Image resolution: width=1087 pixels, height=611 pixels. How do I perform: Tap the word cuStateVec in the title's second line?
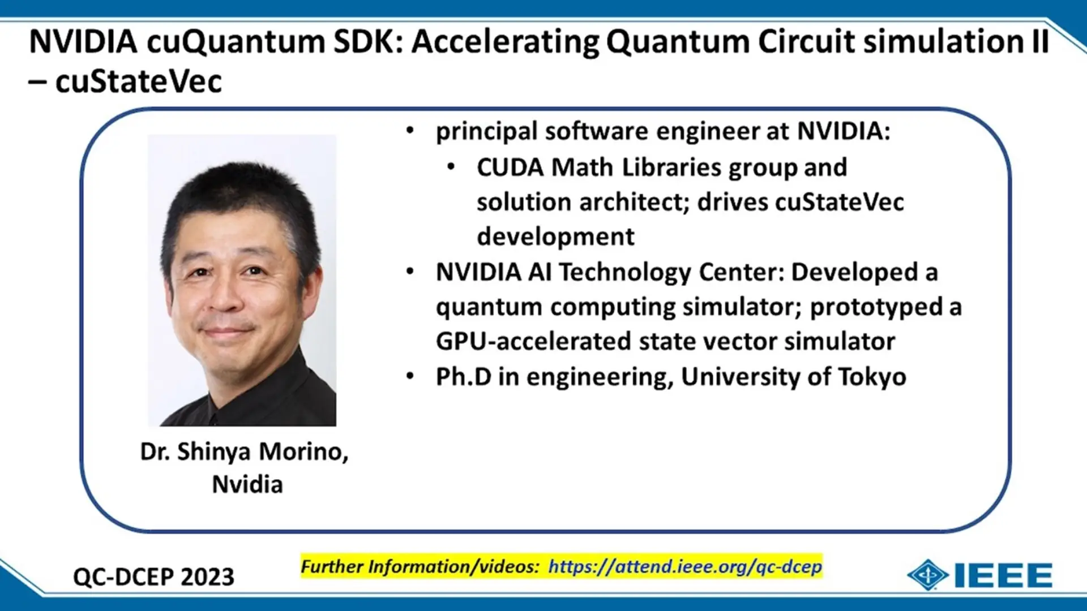tap(138, 82)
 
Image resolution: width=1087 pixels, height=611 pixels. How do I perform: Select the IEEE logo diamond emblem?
tap(927, 575)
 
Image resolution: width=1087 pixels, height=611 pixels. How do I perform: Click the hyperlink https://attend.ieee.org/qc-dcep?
tap(685, 566)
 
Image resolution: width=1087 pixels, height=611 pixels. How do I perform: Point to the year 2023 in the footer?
tap(208, 577)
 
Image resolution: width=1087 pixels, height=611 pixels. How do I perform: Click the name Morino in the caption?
tap(303, 452)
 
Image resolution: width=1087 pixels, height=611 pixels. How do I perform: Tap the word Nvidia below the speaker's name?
tap(247, 485)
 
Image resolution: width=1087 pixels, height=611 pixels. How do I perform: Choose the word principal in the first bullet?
tap(486, 132)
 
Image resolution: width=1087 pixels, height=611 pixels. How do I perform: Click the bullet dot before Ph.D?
tap(410, 376)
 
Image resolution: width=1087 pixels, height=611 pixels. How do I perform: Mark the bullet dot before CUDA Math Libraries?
tap(451, 167)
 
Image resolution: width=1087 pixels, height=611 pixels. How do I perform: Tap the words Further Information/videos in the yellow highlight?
tap(420, 566)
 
